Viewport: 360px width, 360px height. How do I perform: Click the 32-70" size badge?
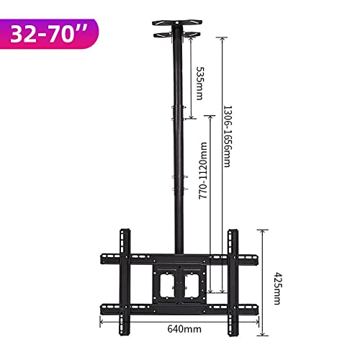[x=48, y=34]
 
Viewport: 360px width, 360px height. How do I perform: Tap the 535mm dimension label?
[x=200, y=84]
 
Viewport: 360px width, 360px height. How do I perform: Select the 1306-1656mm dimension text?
[x=227, y=136]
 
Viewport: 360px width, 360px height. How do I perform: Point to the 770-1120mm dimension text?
[x=203, y=171]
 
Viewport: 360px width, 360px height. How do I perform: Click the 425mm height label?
[x=278, y=289]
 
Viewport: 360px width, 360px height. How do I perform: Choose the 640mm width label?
[x=184, y=329]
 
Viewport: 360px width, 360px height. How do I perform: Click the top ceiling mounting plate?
[x=177, y=23]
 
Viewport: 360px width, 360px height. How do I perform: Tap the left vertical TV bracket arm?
[x=125, y=282]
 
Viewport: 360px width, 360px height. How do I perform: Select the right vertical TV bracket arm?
[x=233, y=283]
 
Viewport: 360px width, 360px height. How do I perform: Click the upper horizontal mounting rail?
[x=179, y=259]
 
